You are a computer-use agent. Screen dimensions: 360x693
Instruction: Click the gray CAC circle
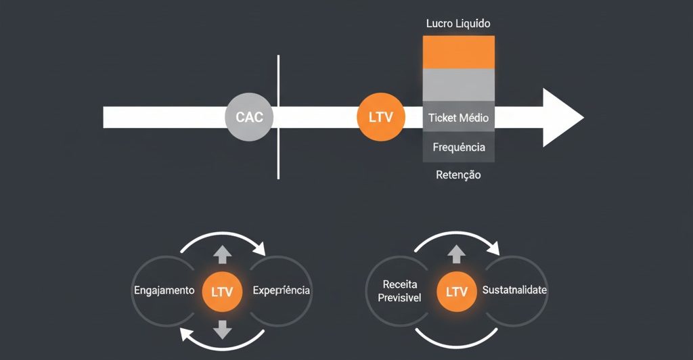249,116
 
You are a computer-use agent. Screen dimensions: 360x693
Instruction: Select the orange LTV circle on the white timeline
380,116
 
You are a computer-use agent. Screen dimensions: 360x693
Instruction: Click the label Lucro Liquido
458,23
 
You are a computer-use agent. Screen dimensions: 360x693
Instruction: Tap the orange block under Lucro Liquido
458,52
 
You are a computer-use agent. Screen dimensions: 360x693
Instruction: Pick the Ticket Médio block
458,118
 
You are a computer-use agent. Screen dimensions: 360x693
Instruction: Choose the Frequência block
458,147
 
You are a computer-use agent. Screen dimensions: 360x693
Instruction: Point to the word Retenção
458,175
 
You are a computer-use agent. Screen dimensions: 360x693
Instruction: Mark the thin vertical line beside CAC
278,116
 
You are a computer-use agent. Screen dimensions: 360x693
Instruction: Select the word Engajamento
164,290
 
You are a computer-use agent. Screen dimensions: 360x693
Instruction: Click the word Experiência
281,290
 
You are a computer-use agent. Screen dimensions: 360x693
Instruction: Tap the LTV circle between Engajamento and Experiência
222,292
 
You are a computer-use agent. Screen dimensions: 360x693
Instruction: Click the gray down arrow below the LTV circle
222,331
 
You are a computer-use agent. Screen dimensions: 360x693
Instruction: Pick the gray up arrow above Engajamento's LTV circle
222,254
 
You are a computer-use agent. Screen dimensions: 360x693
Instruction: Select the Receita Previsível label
400,291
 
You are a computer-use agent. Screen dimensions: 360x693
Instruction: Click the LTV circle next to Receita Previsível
456,292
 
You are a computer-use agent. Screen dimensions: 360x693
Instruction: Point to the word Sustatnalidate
514,290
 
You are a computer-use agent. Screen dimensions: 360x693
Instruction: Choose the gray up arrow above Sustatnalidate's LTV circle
456,254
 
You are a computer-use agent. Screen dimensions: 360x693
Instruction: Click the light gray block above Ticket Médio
458,85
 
